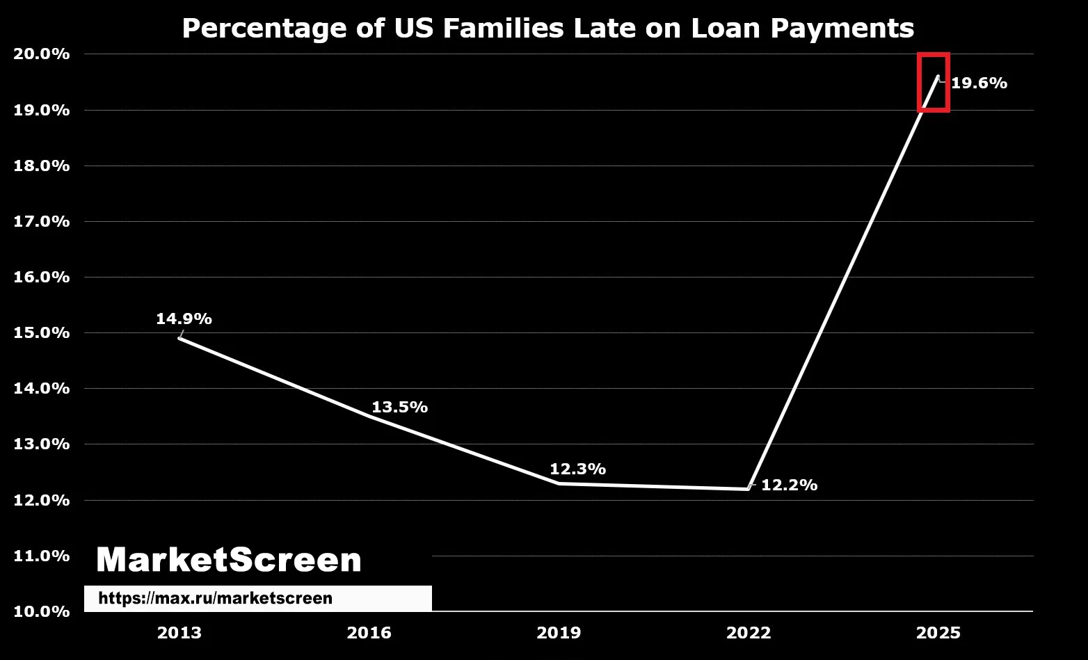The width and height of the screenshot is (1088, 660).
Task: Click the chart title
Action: pos(548,29)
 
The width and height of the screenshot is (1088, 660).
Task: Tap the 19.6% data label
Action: pos(979,83)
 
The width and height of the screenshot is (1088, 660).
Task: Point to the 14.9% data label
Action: pos(184,319)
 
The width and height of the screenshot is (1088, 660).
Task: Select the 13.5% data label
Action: pos(400,407)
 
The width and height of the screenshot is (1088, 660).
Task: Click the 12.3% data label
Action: pos(577,469)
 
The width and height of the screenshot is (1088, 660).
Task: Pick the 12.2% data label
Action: pos(790,485)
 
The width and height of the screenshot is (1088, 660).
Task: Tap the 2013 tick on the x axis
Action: pos(179,633)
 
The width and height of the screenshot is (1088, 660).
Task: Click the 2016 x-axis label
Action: pos(369,633)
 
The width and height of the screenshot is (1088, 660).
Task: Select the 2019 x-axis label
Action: pos(559,633)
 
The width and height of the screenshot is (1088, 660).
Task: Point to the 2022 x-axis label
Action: pos(749,633)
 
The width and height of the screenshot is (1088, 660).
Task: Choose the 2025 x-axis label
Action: pos(938,633)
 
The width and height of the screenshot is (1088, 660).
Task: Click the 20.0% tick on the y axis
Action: pos(41,54)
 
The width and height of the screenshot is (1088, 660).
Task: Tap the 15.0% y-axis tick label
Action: pos(41,332)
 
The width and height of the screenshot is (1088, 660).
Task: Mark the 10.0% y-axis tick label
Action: pos(41,611)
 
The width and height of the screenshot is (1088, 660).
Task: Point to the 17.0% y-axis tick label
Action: pos(41,221)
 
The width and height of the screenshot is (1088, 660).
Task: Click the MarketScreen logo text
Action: pos(230,560)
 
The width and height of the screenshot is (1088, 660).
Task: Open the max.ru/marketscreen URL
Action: pos(215,598)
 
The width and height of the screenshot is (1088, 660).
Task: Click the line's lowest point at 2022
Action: pos(748,488)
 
